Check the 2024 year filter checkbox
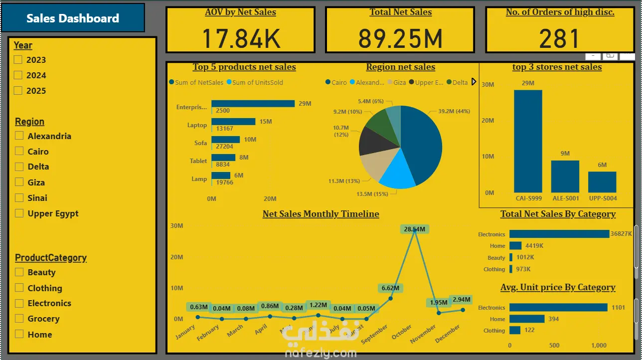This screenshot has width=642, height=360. point(18,75)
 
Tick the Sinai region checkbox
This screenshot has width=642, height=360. point(19,198)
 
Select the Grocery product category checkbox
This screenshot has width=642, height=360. point(19,319)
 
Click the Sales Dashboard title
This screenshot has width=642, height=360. point(73,18)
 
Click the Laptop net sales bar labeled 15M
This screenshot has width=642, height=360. point(233,122)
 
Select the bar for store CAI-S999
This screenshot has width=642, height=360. point(528,141)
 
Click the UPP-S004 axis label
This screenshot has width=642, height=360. point(602,198)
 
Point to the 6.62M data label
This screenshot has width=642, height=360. point(391,288)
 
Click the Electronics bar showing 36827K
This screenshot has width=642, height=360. point(559,234)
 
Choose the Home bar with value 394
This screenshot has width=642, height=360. point(527,319)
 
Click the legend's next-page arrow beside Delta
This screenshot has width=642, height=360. point(474,82)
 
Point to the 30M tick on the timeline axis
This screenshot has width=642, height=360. point(176,226)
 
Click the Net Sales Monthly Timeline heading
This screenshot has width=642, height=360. point(321,214)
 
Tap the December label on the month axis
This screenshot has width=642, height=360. point(448,333)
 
